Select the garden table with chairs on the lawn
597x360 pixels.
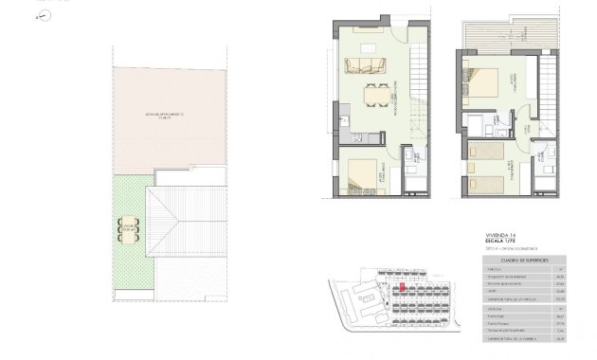(127, 227)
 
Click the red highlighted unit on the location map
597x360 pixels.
(401, 287)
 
